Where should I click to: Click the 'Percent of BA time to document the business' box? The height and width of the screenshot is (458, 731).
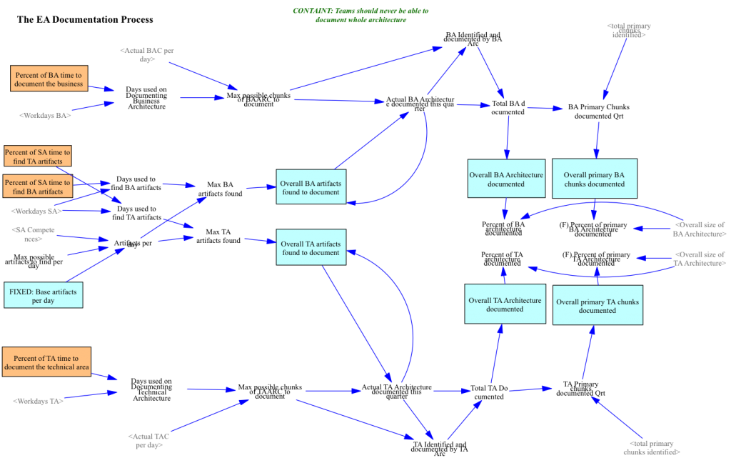[49, 79]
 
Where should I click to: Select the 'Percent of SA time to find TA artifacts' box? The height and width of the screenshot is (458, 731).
[38, 156]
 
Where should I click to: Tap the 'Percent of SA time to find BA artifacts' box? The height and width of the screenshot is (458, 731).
[38, 186]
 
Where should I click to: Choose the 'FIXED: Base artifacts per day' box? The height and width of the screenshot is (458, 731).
[43, 295]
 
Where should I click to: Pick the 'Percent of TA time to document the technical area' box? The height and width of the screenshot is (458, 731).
[46, 362]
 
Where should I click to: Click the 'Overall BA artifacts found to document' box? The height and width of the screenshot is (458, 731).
[311, 187]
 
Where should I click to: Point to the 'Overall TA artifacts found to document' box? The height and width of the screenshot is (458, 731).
[311, 248]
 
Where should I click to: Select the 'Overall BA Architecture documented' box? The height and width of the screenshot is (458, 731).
[506, 179]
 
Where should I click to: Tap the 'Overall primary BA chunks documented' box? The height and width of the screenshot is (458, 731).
[594, 179]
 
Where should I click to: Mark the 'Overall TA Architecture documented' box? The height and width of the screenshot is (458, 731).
[505, 304]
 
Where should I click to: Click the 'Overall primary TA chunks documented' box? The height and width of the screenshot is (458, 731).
[598, 306]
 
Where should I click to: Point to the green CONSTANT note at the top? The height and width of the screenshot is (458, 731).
[361, 16]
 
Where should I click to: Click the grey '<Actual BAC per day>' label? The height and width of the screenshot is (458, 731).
[146, 55]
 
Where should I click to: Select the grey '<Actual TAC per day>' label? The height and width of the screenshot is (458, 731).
[148, 440]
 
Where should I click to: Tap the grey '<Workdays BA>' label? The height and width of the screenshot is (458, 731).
[44, 114]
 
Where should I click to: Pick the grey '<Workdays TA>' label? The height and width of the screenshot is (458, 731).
[38, 401]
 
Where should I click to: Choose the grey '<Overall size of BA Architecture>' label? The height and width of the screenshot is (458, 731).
[700, 229]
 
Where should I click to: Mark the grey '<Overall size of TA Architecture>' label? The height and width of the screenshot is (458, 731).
[700, 259]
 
